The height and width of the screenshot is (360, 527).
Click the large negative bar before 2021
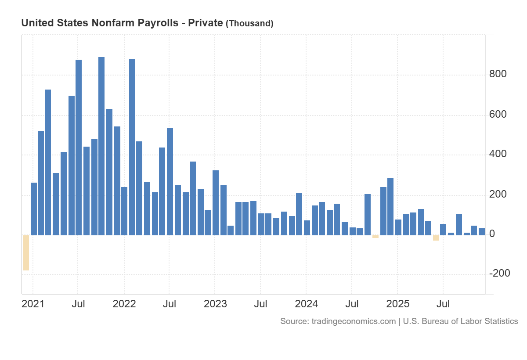click(26, 252)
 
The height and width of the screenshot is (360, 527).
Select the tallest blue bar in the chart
click(101, 146)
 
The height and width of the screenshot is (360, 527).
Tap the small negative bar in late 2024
click(375, 237)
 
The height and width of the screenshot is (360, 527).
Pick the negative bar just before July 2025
click(436, 238)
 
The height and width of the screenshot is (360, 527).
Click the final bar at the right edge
click(482, 232)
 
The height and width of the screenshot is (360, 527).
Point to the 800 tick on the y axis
click(498, 74)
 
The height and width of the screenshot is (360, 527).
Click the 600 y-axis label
click(498, 115)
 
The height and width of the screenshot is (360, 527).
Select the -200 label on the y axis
click(500, 274)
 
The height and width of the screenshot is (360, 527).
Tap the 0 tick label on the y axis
click(492, 234)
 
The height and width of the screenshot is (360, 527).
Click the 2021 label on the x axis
click(33, 304)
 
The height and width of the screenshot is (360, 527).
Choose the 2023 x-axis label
click(215, 304)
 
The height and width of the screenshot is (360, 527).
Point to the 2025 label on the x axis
click(397, 304)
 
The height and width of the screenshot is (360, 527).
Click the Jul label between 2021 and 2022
click(78, 304)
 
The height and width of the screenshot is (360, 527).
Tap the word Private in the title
click(205, 23)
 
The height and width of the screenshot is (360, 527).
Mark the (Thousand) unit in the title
click(249, 24)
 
